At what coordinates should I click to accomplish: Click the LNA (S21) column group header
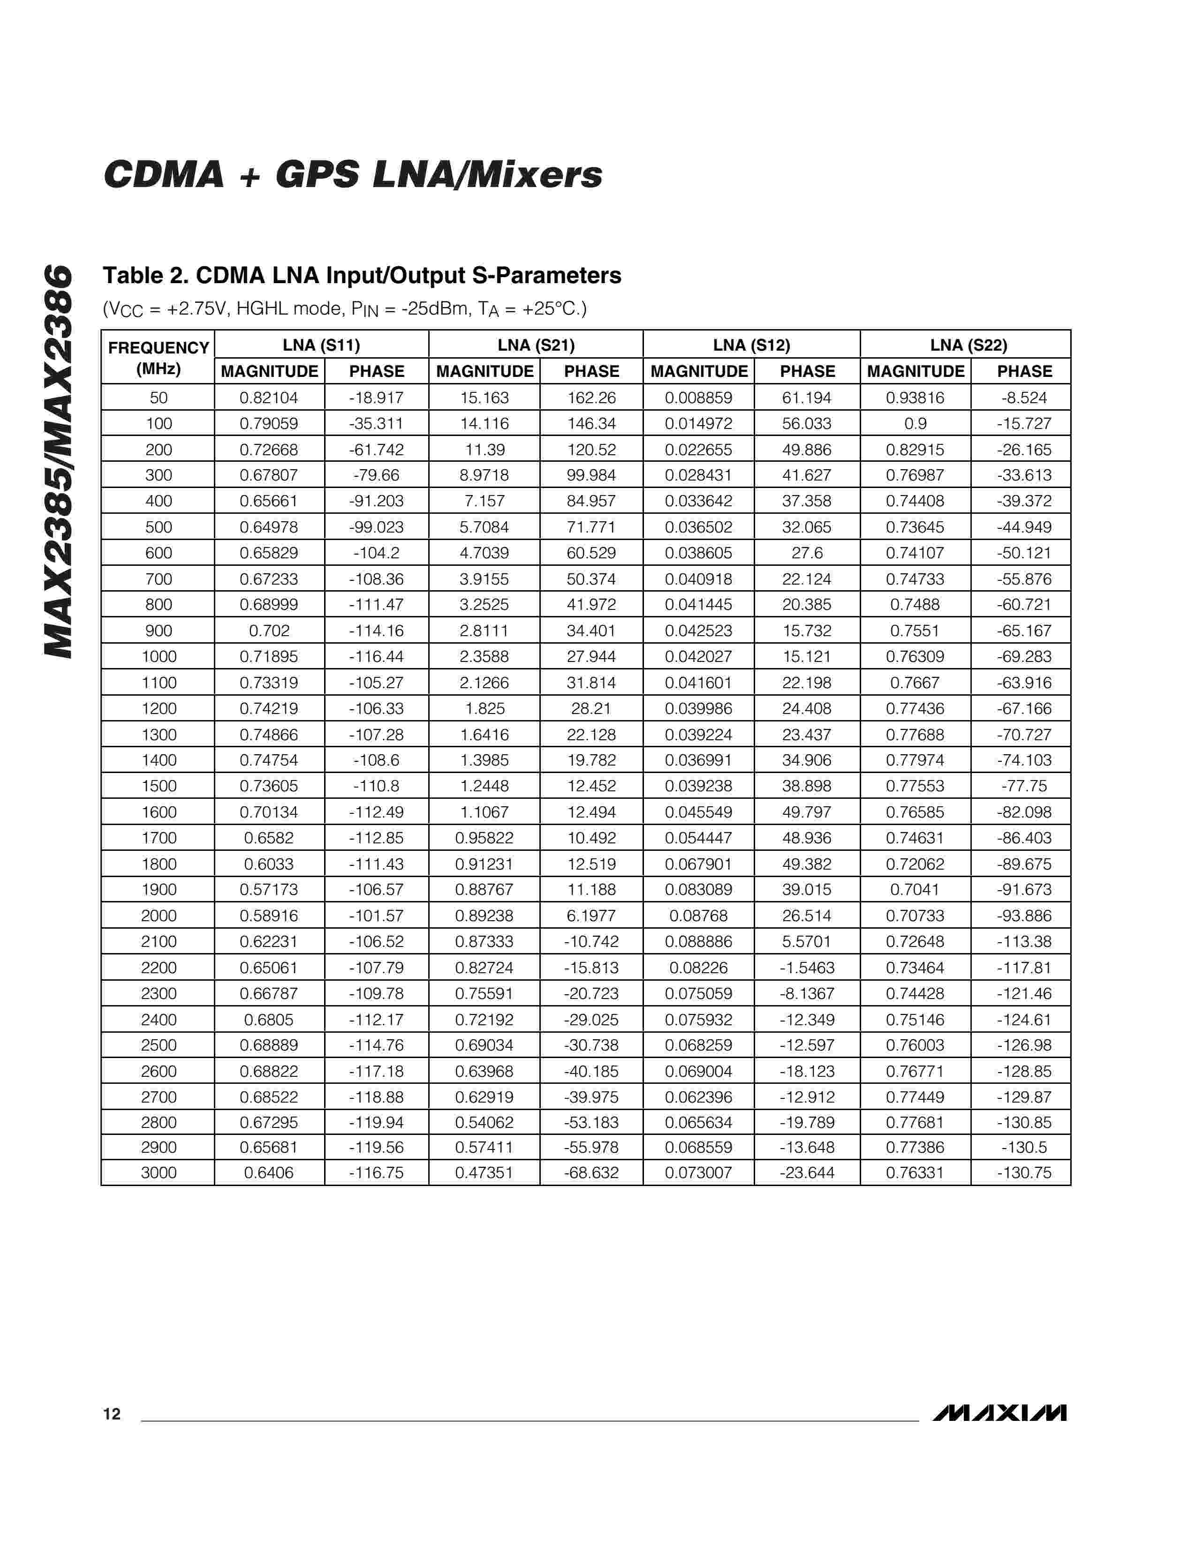coord(536,345)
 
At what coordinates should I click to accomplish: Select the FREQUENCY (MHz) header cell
coord(158,358)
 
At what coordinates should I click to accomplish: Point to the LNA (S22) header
coord(968,345)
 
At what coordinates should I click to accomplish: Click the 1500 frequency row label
coord(159,786)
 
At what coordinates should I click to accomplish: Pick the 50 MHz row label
coord(159,398)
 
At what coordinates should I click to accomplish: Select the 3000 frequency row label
coord(159,1173)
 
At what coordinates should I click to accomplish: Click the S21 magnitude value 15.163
coord(484,398)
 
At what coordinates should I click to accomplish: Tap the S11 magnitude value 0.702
coord(269,631)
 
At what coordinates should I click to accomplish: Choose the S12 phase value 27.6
coord(807,553)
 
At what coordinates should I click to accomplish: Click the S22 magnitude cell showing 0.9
coord(916,424)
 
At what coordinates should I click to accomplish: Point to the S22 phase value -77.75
coord(1024,786)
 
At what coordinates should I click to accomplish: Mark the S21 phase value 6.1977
coord(591,916)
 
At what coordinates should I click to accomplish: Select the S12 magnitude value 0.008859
coord(699,398)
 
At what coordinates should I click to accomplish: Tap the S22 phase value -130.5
coord(1024,1148)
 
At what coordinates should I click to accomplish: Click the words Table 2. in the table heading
coord(145,276)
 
